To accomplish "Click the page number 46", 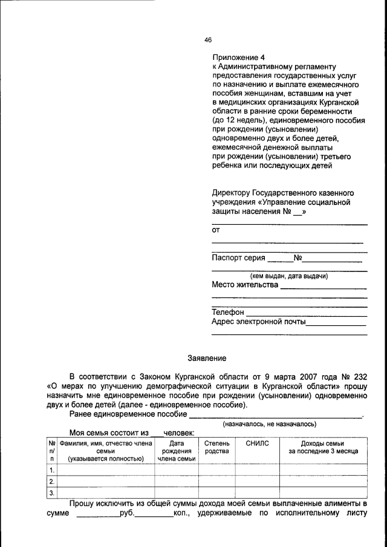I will [208, 40].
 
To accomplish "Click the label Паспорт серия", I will [239, 257].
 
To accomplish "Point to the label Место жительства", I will [245, 285].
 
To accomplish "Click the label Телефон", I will [228, 312].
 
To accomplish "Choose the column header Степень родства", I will [216, 447].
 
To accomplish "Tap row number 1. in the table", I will [52, 470].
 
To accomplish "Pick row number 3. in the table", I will [52, 493].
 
